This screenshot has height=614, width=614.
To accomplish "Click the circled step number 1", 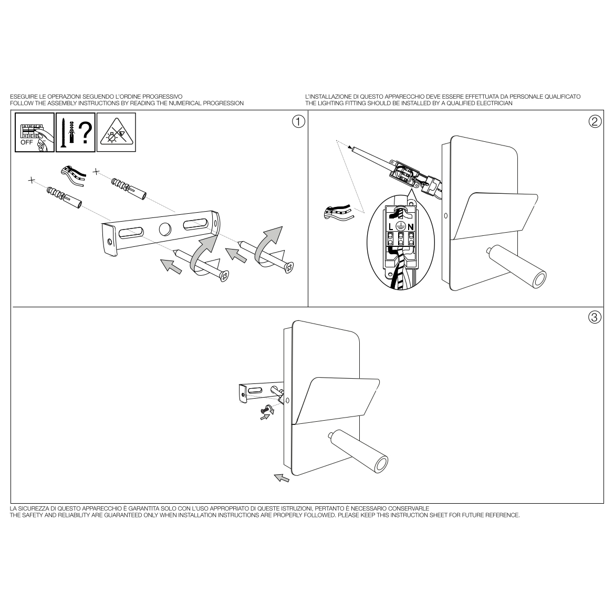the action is coord(298,122).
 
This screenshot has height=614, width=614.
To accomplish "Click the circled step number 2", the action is coord(595,122).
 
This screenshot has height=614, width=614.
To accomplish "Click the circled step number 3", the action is coord(595,317).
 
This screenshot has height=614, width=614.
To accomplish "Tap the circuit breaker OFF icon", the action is coord(35,132).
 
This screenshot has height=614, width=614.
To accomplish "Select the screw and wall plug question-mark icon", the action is coord(76,132).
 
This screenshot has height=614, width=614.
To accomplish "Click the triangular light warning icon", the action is coord(116,132).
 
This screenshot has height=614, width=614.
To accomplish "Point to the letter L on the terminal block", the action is coord(391,227).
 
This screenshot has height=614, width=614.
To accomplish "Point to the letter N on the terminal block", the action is coord(410,227).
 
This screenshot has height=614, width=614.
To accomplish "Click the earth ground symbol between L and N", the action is coord(400,226).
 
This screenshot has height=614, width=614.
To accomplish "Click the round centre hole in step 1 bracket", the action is coord(165,228).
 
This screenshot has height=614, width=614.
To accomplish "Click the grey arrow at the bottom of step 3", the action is coord(282,477).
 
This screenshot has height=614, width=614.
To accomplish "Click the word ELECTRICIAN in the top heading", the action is coord(495,103).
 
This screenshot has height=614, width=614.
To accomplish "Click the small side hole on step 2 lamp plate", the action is coord(445,216).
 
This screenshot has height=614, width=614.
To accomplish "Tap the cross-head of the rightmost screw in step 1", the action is coord(289,268).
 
